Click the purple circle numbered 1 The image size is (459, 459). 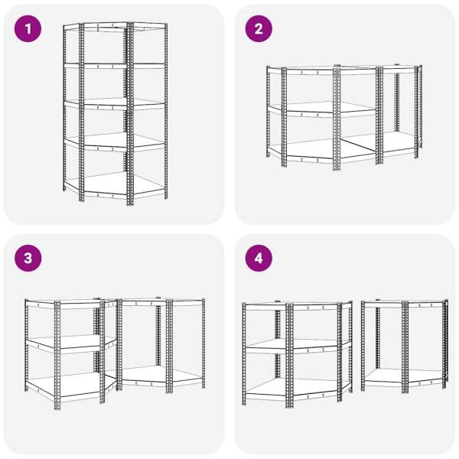coord(28,29)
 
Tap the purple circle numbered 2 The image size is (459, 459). coord(259,29)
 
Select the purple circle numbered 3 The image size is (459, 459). coord(28,259)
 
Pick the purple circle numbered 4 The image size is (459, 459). coord(259,259)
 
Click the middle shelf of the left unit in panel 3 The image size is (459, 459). coord(70,343)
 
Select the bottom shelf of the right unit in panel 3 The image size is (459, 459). coord(161,376)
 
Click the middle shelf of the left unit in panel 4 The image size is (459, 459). coord(297,347)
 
